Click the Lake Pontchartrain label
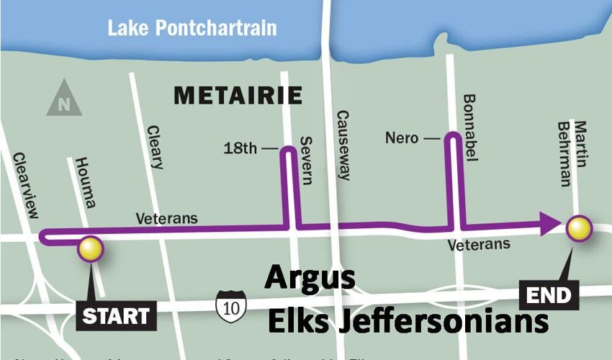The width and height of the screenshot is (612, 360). pos(192,29)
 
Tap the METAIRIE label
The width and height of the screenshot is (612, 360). pos(238,95)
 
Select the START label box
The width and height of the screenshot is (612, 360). pos(115,315)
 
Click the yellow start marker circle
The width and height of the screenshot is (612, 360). pos(91,248)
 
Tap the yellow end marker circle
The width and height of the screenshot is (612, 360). pos(580,228)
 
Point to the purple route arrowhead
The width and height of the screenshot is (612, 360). pos(551,223)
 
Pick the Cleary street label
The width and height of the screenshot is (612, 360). pos(155,147)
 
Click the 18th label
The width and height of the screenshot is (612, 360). pos(240,149)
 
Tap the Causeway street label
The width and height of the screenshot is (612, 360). pos(343,145)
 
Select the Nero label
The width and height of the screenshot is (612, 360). pos(402,137)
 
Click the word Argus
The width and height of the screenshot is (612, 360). pos(310,279)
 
